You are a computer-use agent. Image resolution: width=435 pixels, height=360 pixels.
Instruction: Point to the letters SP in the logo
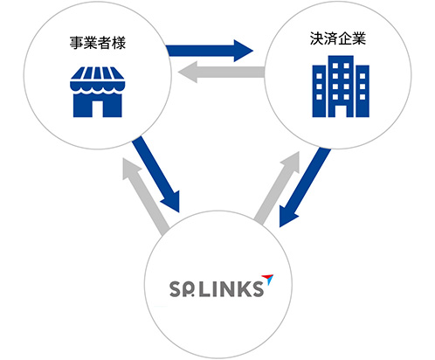pos(178,287)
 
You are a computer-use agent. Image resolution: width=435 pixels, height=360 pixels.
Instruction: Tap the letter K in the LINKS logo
pos(240,287)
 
